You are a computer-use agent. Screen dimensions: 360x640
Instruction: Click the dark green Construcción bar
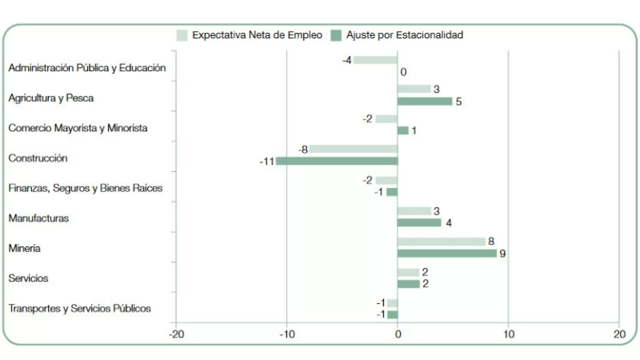337,161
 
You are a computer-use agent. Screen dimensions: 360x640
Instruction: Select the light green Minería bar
441,242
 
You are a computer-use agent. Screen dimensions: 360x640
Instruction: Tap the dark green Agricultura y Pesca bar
424,101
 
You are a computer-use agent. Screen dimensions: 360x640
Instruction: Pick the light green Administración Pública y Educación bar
375,60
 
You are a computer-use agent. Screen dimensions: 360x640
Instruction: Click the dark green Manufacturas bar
419,223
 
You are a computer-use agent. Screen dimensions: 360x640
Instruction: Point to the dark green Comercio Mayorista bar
403,131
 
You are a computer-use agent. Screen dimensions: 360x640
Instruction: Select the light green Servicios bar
408,272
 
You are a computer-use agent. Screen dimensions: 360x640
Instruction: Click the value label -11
267,162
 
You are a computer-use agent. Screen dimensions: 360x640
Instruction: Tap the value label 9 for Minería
502,254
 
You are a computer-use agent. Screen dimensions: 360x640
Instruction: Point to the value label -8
303,150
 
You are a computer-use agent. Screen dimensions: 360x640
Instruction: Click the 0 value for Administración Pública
403,72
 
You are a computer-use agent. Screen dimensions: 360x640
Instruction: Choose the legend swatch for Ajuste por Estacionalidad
336,35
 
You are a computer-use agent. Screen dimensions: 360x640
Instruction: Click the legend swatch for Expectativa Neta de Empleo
182,35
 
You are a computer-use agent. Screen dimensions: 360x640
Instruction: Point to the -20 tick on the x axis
176,334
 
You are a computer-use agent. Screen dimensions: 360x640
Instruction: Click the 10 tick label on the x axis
508,334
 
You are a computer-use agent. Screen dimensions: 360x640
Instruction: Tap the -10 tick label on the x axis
287,334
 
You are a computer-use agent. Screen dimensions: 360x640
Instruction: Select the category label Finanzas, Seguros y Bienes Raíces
85,188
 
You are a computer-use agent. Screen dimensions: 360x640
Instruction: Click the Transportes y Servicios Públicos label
80,308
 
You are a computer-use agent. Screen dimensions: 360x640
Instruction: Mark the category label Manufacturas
38,218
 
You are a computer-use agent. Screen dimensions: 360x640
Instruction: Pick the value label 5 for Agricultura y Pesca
458,102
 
